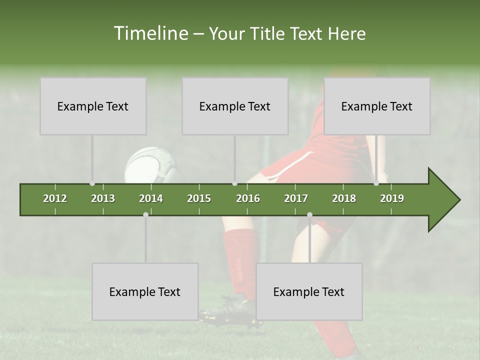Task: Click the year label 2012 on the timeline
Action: (x=55, y=198)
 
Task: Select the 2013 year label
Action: (x=103, y=198)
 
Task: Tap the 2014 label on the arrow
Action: (x=151, y=198)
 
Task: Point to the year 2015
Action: (x=199, y=198)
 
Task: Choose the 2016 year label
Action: (x=248, y=198)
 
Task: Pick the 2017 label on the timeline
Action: (x=296, y=198)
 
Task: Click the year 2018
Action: (x=344, y=198)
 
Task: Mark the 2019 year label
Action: (x=392, y=198)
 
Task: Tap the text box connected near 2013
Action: (x=93, y=106)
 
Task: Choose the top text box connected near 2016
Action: (x=235, y=106)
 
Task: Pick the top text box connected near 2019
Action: (x=377, y=106)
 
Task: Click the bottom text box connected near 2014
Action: (x=145, y=291)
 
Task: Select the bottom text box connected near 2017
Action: (x=309, y=291)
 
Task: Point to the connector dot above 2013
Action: (x=92, y=183)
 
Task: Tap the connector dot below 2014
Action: (x=145, y=214)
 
